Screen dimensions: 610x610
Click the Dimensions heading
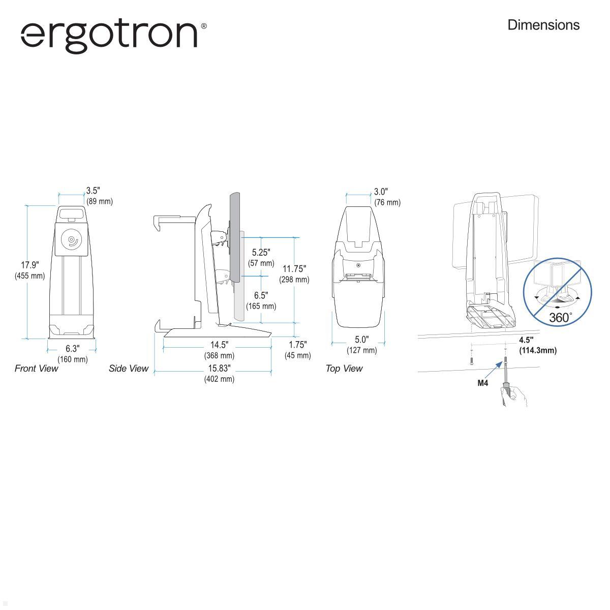[543, 25]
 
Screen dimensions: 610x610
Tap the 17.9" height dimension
[29, 270]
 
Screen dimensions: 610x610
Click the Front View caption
[36, 369]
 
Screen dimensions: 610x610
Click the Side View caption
[128, 369]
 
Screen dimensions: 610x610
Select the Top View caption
[344, 369]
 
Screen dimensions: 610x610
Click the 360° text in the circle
[560, 318]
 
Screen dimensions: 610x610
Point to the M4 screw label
[482, 383]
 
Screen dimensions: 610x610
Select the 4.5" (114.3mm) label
[537, 345]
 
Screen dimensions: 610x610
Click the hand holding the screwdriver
[514, 395]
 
